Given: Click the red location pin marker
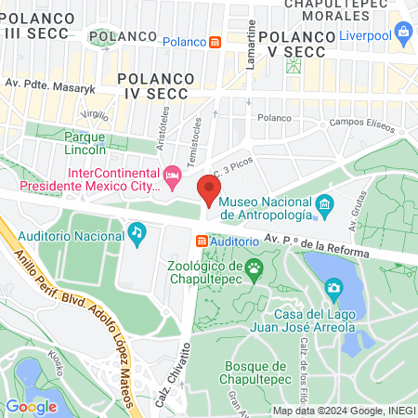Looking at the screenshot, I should [x=208, y=190].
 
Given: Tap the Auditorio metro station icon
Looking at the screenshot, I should [x=202, y=241].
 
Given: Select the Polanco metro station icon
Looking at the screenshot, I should [x=216, y=42].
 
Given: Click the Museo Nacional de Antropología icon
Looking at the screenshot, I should [x=324, y=203].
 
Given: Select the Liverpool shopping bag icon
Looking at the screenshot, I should [x=403, y=35].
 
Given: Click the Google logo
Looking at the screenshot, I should [x=32, y=406].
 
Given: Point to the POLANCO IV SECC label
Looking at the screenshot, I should [x=155, y=80].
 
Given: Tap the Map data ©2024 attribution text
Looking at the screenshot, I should [x=343, y=411].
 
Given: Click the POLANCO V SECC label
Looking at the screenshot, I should [x=296, y=44].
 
